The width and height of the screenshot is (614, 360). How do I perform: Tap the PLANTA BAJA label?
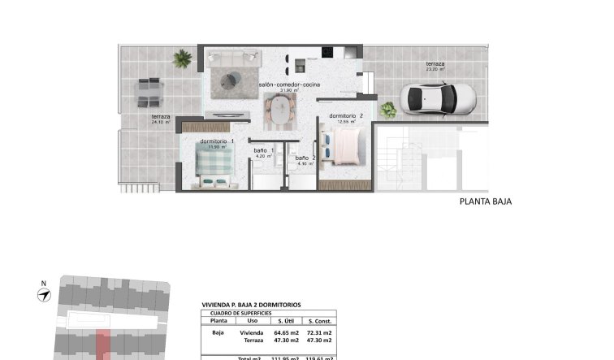coord(485,202)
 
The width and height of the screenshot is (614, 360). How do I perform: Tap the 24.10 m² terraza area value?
coord(162,123)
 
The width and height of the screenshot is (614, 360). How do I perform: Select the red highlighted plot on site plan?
coord(102,345)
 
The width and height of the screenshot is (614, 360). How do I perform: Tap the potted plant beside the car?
coord(388,110)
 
